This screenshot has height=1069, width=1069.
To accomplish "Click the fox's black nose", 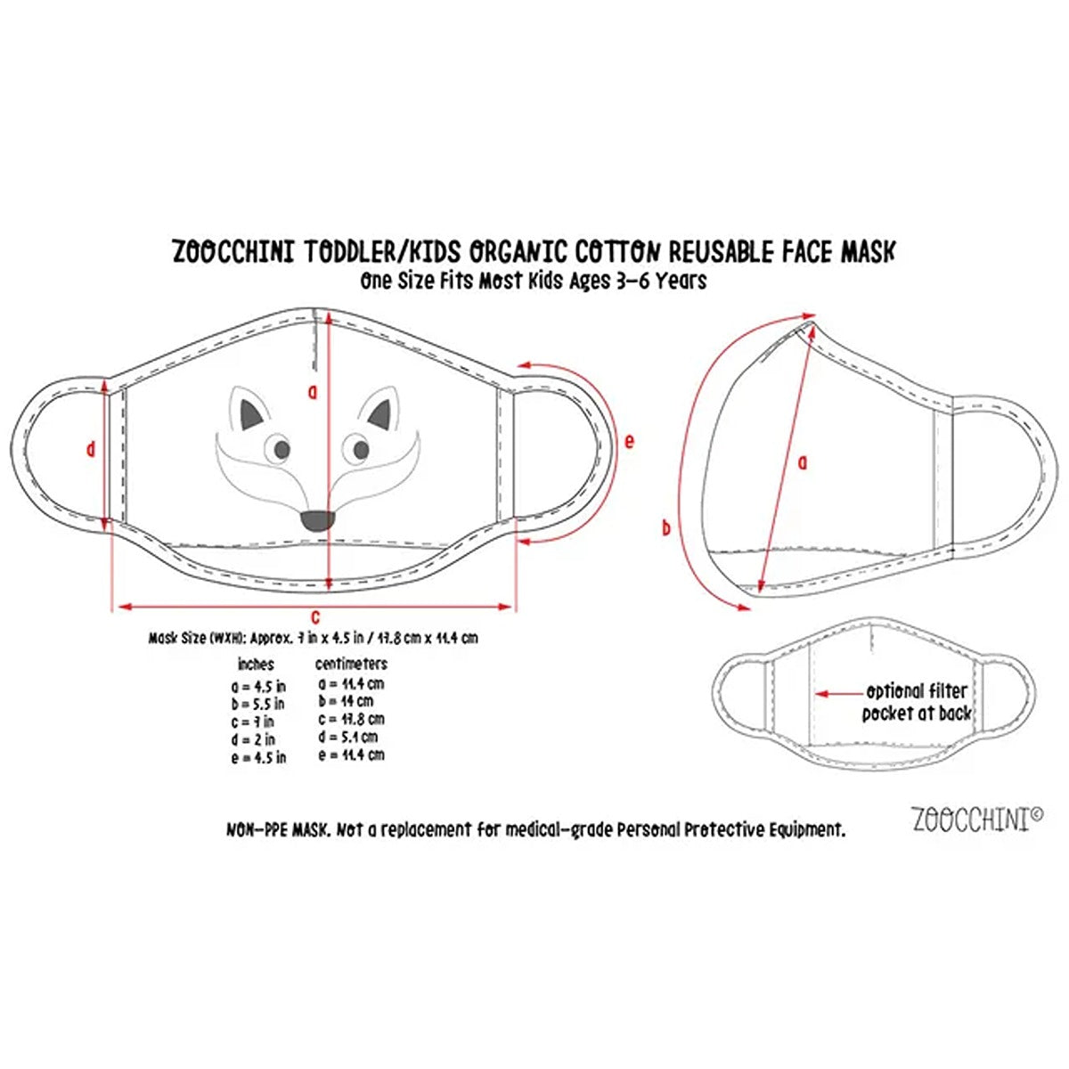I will point(317,520).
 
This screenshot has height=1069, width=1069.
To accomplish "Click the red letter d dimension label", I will point(90,450).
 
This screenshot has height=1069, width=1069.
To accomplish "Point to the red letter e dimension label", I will point(630,440).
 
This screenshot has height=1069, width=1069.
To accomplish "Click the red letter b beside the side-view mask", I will point(665,527).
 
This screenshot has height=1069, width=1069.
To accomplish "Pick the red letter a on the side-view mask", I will point(802,461).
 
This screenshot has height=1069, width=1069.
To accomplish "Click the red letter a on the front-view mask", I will point(311,390).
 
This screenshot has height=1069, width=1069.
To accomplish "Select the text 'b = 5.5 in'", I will point(258,704).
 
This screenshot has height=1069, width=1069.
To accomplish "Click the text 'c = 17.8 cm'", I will point(352,719).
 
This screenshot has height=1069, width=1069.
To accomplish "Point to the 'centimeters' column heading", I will point(352,665).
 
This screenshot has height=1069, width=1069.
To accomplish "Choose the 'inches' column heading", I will point(256,665).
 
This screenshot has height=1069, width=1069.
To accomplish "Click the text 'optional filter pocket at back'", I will point(916,702).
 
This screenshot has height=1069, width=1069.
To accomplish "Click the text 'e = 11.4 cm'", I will point(352,755).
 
